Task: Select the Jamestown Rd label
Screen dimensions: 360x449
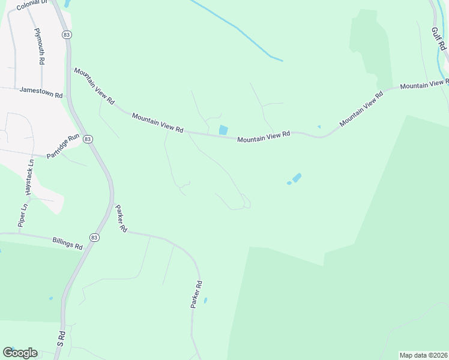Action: click(x=41, y=94)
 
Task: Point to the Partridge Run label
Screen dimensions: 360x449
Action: click(x=63, y=146)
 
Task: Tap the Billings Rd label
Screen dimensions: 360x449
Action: click(x=67, y=242)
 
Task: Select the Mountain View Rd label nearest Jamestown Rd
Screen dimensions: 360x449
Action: click(x=94, y=86)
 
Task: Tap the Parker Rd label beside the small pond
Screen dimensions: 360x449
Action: click(x=196, y=295)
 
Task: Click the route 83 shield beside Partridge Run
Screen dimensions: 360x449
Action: click(x=88, y=139)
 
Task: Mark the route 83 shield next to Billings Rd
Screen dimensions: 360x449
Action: click(x=94, y=238)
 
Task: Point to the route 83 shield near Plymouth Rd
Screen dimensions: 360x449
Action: click(x=66, y=35)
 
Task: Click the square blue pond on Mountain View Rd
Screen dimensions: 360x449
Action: click(x=223, y=130)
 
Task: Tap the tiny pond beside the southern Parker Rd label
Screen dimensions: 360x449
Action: click(x=205, y=300)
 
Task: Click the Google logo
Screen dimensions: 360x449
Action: click(x=20, y=353)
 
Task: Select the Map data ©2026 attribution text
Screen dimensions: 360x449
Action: click(x=423, y=355)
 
